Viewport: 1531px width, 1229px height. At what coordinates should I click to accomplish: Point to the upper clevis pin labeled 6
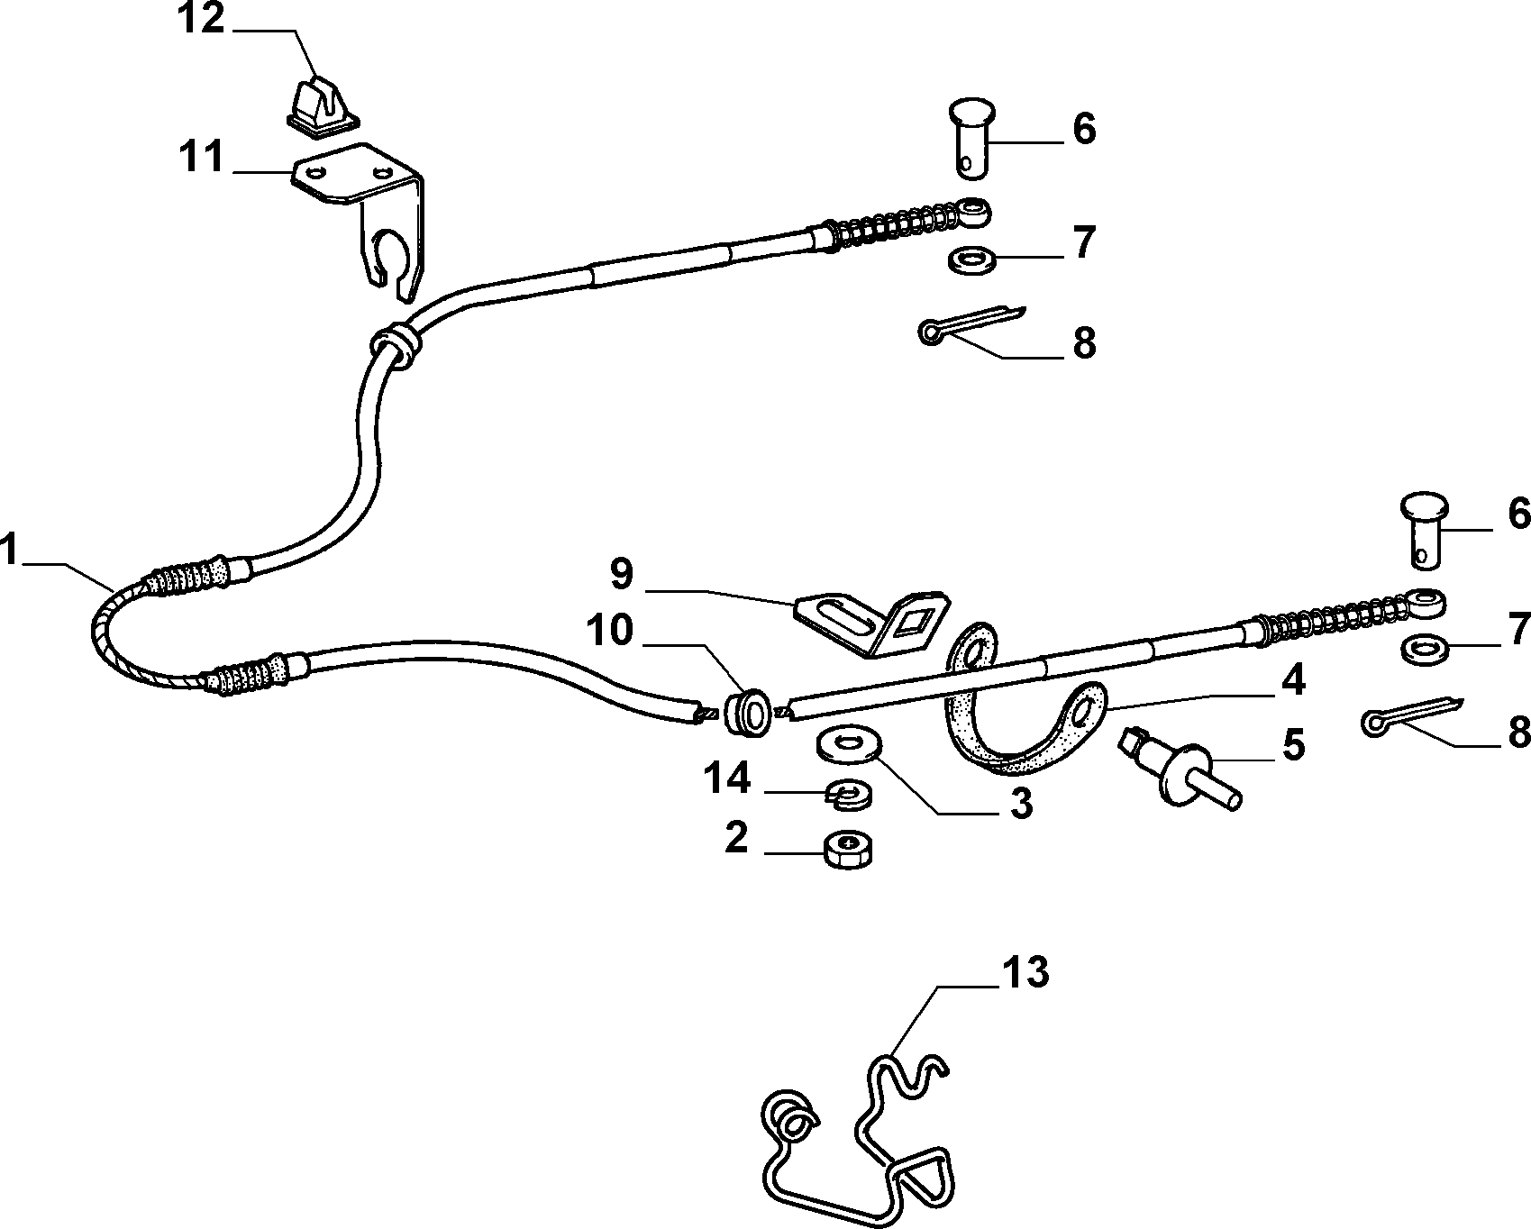tap(971, 141)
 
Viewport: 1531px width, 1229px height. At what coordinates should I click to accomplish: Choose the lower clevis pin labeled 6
tap(1424, 530)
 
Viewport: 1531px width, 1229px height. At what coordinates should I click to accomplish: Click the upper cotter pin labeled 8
tap(972, 322)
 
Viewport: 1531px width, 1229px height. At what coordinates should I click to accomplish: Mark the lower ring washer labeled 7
tap(1425, 649)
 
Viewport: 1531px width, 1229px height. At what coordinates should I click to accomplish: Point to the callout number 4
tap(1293, 681)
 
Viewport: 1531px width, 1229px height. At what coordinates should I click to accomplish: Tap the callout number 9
tap(623, 574)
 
